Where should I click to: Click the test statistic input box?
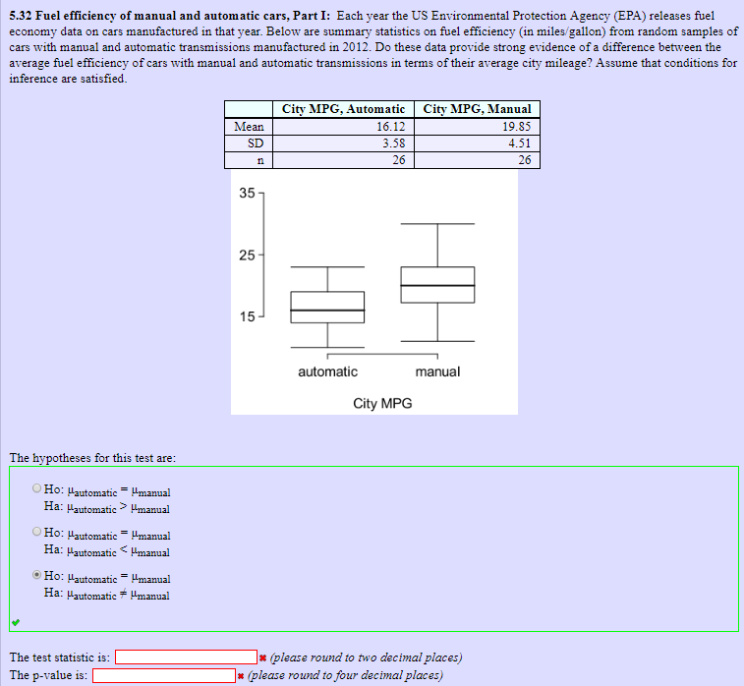tap(186, 657)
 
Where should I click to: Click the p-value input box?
tap(164, 675)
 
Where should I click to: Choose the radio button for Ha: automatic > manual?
tap(36, 488)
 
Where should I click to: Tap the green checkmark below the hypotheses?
tap(14, 622)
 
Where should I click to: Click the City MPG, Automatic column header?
tap(343, 109)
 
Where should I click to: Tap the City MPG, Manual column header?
tap(480, 109)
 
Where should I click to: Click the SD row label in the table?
tap(249, 143)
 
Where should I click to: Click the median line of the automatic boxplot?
tap(327, 311)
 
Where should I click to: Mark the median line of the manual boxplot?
tap(437, 286)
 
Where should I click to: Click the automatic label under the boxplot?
tap(327, 372)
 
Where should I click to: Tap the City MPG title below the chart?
tap(382, 403)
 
